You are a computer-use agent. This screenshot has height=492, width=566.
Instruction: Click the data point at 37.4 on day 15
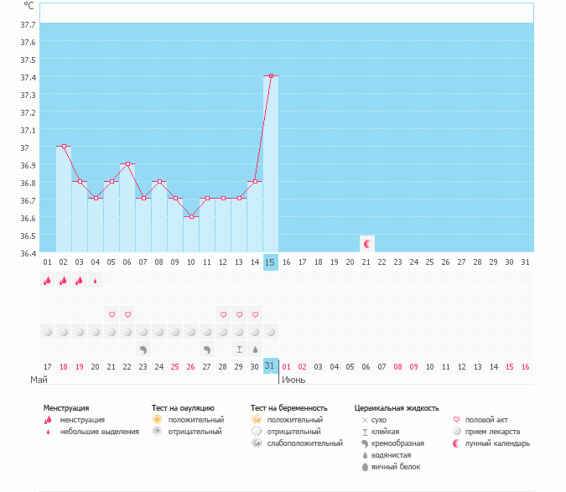tap(270, 76)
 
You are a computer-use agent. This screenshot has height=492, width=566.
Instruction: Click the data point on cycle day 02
tap(64, 146)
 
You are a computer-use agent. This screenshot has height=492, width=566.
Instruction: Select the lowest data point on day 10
tap(191, 216)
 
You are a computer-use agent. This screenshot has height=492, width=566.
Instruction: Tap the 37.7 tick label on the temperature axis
tap(28, 24)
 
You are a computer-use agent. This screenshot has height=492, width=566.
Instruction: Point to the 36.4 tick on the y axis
tap(28, 253)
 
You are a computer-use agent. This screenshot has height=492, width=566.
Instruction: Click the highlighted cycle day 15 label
tap(270, 262)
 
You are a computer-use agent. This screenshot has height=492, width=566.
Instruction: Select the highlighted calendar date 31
tap(270, 366)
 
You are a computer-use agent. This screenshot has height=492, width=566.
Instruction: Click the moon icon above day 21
tap(366, 243)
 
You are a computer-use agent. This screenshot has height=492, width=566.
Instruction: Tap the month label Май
tap(38, 380)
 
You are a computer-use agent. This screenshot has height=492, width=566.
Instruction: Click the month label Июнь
tap(293, 380)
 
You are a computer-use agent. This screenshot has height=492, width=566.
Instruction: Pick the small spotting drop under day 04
tap(96, 281)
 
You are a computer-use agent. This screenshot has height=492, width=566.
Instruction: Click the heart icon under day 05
tap(112, 314)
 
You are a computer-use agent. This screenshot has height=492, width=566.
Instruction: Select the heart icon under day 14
tap(255, 314)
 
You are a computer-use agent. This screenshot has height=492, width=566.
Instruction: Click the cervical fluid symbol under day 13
tap(239, 349)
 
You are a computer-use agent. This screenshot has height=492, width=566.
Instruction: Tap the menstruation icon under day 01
tap(48, 281)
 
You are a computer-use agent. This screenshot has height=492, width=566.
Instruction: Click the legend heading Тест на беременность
tap(288, 408)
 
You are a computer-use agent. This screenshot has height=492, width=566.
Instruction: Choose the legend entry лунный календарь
tap(499, 443)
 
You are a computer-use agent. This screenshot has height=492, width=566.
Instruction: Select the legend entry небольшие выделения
tap(99, 432)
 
